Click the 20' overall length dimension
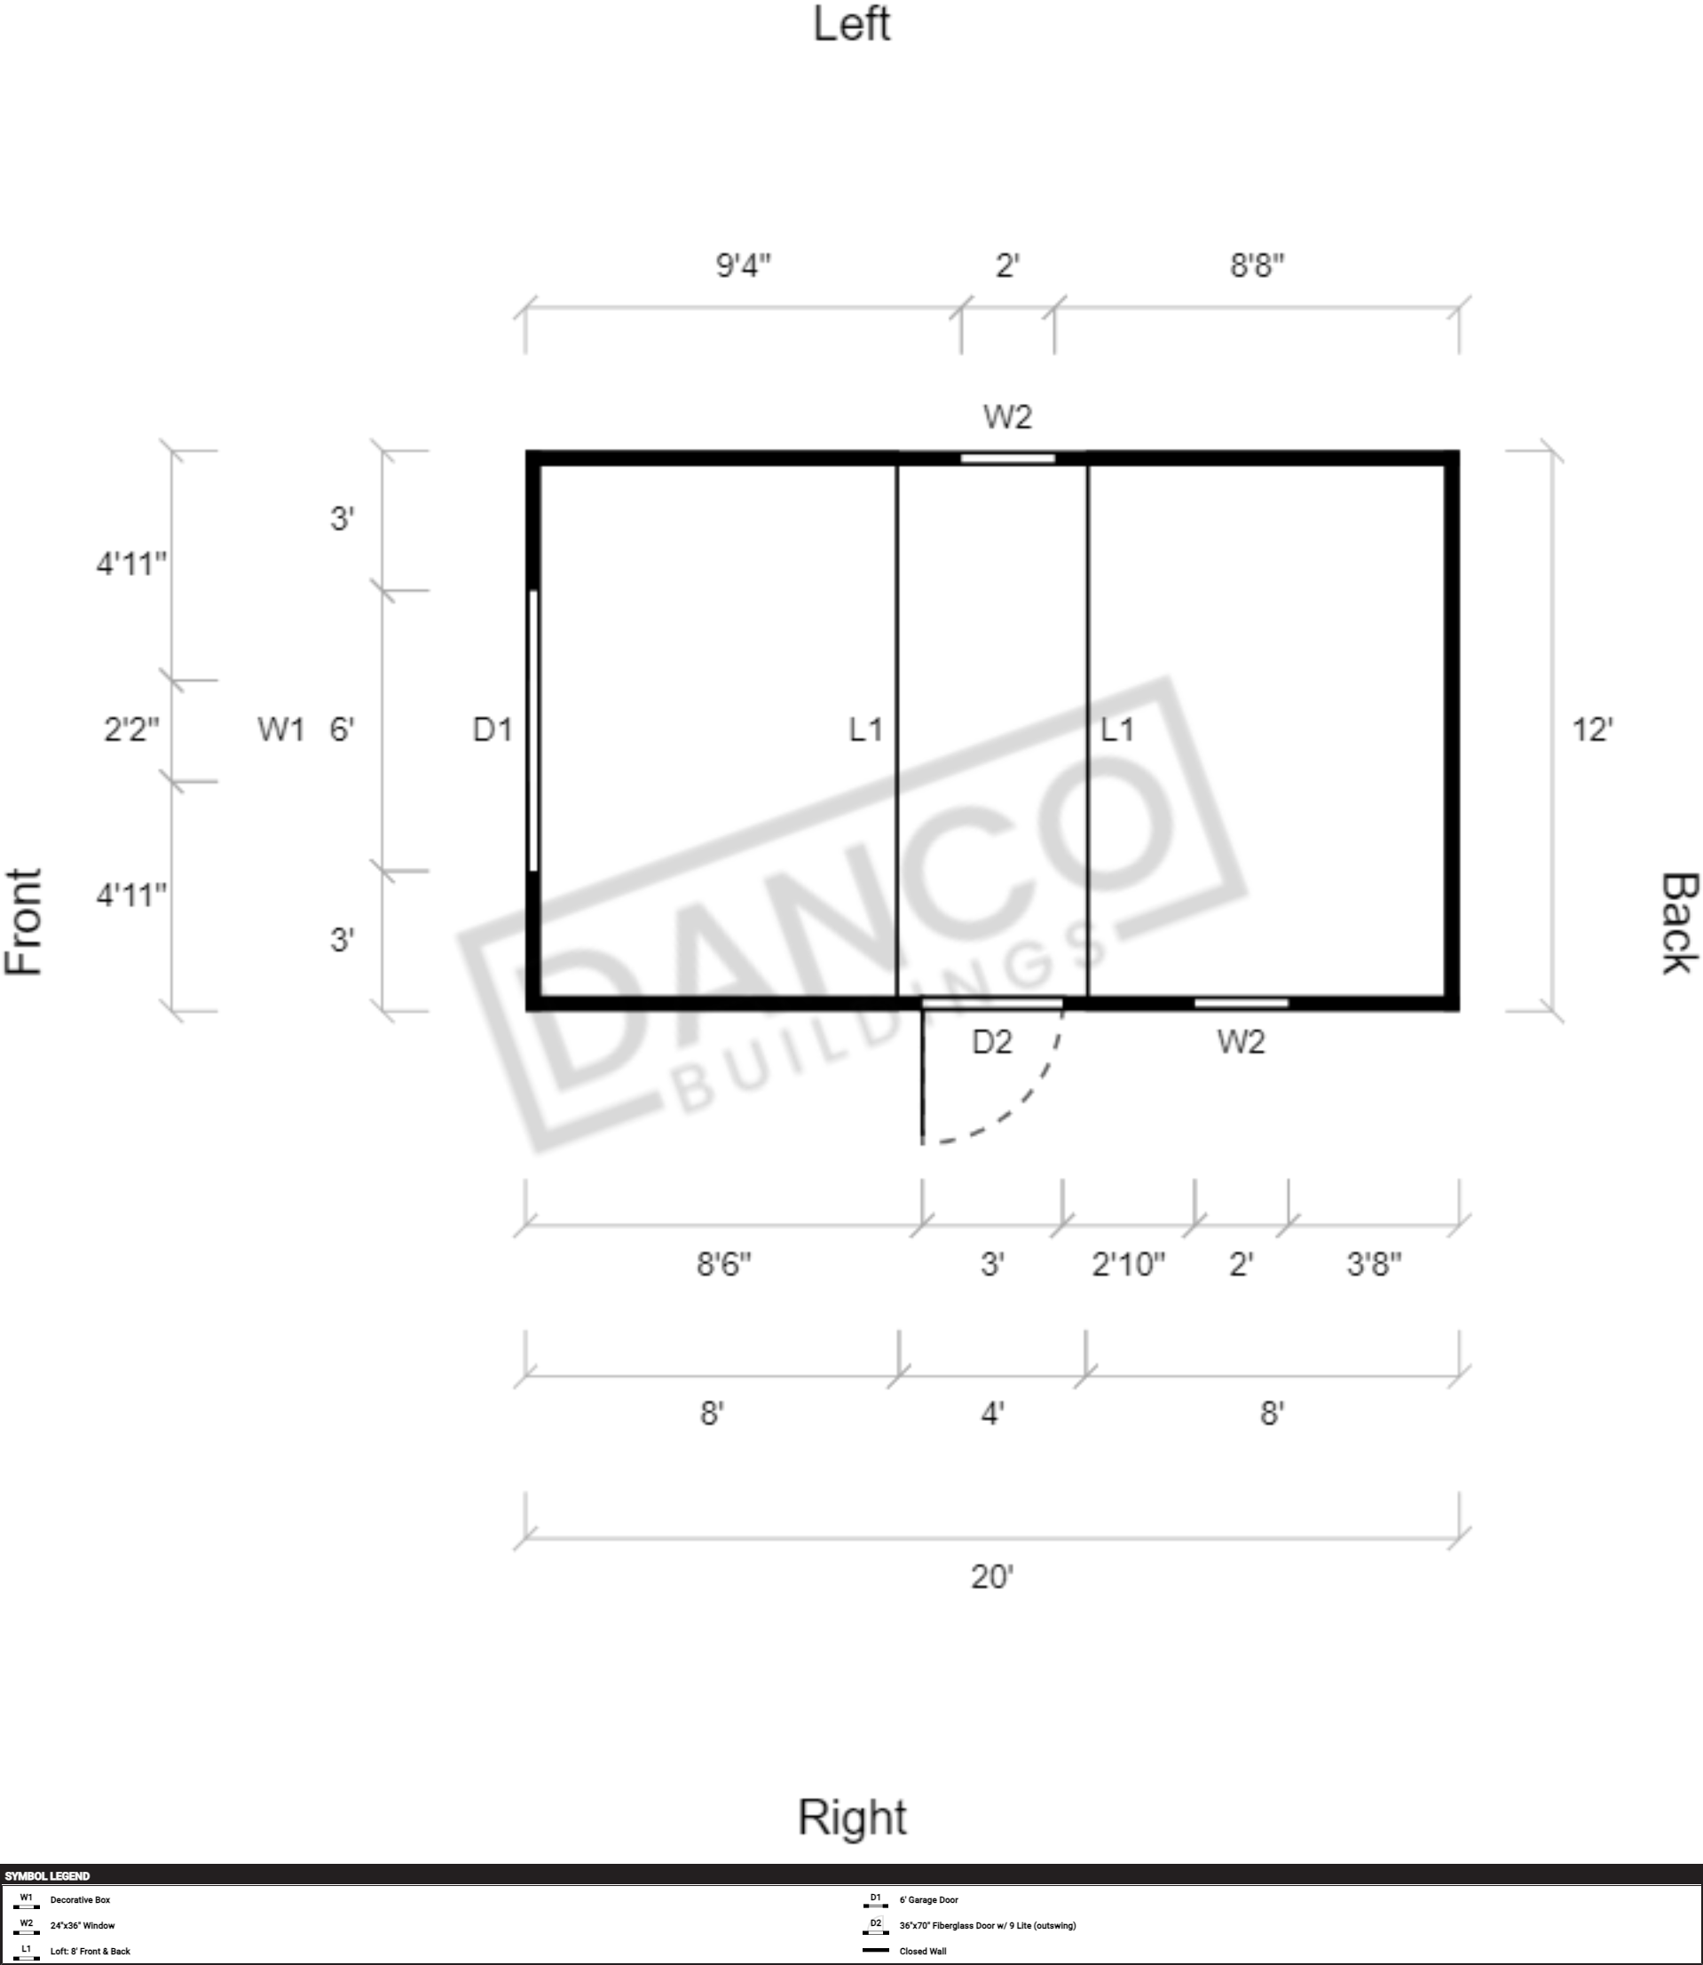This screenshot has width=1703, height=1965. point(991,1576)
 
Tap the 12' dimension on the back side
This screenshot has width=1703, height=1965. point(1592,729)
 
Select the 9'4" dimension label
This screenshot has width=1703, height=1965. point(743,265)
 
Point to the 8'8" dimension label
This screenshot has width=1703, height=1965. point(1258,265)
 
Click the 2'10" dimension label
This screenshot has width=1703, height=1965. point(1128,1264)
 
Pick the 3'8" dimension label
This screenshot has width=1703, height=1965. point(1373,1264)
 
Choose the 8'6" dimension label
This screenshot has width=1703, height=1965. point(724,1264)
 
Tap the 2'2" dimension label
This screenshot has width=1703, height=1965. point(131,729)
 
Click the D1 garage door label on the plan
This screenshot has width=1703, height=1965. point(493,729)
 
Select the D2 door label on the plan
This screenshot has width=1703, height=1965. point(991,1042)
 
